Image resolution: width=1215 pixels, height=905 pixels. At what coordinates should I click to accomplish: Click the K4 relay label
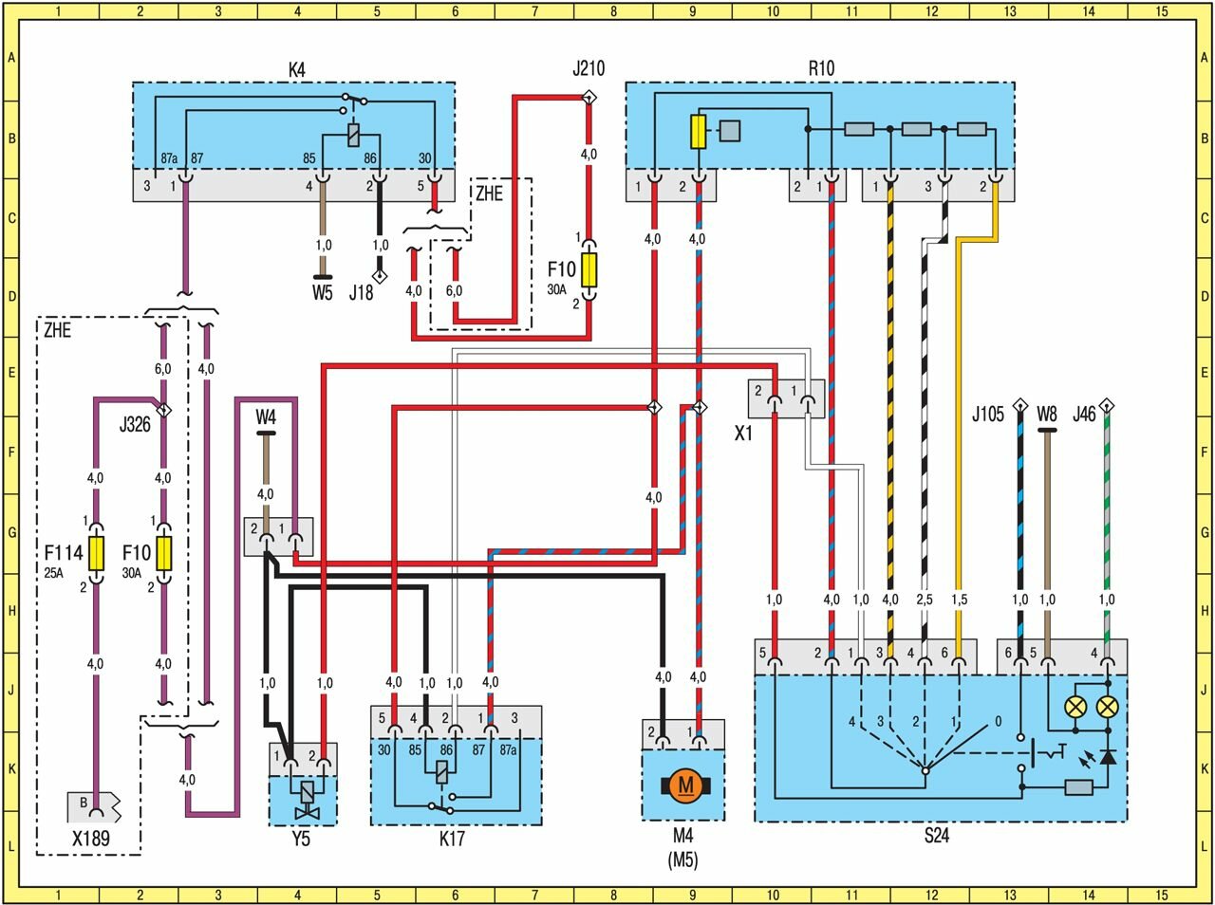[x=297, y=68]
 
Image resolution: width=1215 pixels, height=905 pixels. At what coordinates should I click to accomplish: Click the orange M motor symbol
[x=683, y=785]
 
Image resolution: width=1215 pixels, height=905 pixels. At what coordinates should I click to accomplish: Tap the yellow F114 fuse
[x=96, y=553]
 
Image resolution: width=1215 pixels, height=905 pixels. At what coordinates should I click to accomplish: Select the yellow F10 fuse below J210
[x=589, y=270]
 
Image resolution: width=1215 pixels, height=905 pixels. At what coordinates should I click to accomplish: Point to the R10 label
[x=821, y=68]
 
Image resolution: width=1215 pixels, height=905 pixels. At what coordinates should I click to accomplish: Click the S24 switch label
[x=936, y=836]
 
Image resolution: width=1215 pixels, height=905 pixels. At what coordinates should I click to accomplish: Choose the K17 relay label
[x=452, y=839]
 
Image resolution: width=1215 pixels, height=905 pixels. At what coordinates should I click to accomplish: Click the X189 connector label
[x=90, y=839]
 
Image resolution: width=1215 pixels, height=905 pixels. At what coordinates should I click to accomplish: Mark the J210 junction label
[x=589, y=68]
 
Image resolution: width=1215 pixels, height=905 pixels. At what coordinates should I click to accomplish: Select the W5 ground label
[x=323, y=292]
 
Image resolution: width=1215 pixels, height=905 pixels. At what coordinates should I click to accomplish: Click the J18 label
[x=361, y=292]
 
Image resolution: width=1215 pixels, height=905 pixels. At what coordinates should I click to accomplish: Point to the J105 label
[x=987, y=414]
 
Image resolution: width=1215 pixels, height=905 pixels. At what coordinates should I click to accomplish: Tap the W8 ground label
[x=1047, y=414]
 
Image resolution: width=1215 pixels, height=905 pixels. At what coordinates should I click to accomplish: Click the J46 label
[x=1084, y=414]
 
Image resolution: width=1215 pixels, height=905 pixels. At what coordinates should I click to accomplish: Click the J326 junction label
[x=135, y=424]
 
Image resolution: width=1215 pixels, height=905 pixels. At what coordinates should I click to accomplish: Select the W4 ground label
[x=266, y=416]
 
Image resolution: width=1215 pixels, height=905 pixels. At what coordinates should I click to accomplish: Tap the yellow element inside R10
[x=699, y=132]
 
